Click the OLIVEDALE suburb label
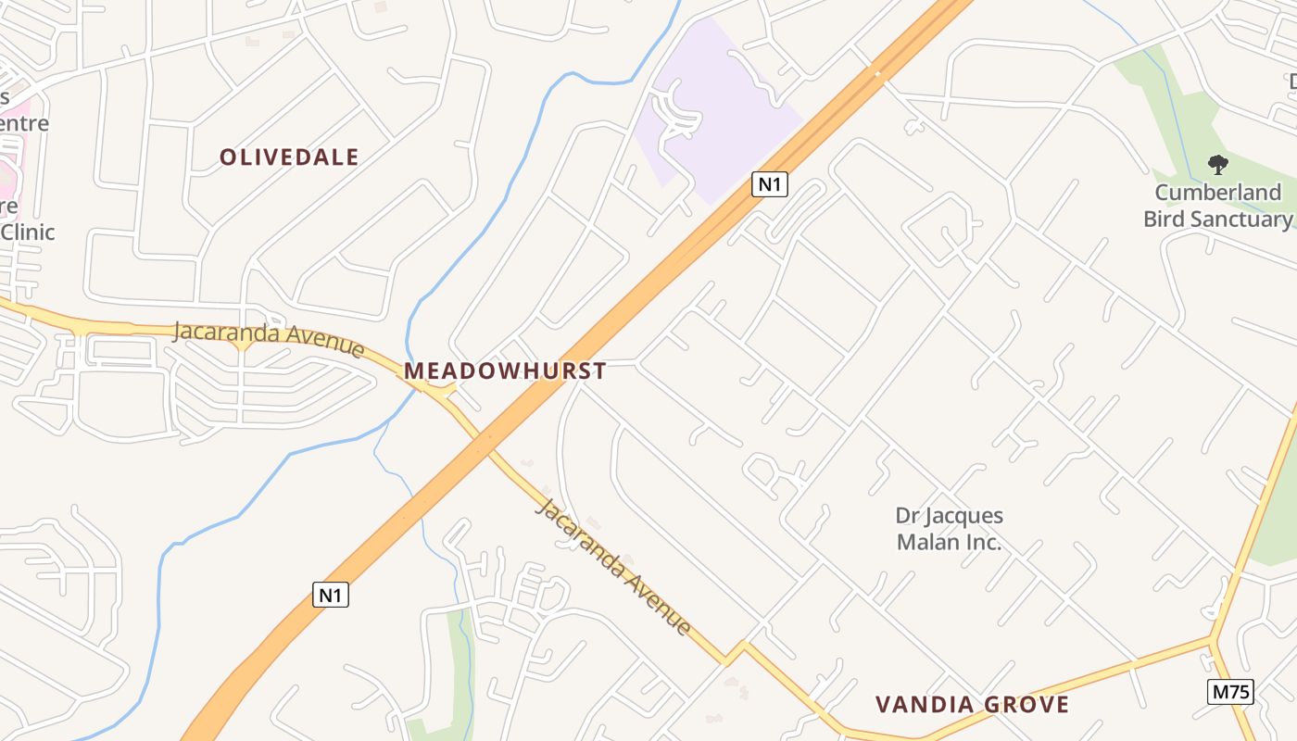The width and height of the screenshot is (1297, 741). (x=289, y=157)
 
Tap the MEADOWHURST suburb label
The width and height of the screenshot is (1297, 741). (x=505, y=371)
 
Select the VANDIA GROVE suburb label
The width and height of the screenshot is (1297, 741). (x=972, y=705)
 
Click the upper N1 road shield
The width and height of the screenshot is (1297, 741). (x=769, y=184)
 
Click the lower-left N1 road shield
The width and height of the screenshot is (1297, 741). (x=331, y=595)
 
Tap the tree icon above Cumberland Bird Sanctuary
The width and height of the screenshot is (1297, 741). (x=1217, y=166)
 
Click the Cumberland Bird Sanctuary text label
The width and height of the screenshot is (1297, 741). (x=1217, y=206)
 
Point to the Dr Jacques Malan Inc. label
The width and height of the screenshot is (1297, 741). (x=949, y=529)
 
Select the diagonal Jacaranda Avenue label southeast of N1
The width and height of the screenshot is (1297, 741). (x=614, y=566)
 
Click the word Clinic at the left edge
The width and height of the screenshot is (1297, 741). (x=28, y=232)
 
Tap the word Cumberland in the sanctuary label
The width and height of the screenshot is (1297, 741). (x=1217, y=193)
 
